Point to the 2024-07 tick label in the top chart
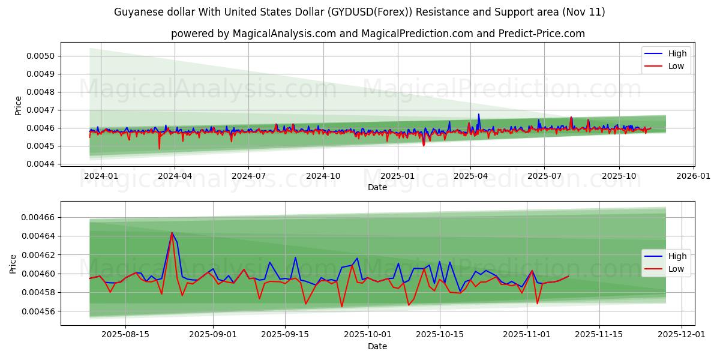(249, 176)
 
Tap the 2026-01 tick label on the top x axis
(694, 176)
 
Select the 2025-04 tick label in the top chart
(471, 176)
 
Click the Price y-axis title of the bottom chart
(13, 264)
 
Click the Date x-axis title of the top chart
(377, 188)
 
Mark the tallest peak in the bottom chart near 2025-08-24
(172, 233)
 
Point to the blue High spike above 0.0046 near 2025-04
(478, 114)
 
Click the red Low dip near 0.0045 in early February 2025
(424, 145)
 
